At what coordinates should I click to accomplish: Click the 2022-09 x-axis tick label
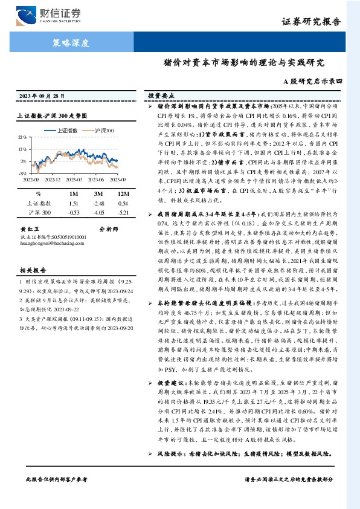coord(31,179)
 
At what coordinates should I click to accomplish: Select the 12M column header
coord(123,193)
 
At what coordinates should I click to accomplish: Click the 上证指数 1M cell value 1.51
coord(74,204)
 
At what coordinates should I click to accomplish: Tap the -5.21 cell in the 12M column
coord(123,213)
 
